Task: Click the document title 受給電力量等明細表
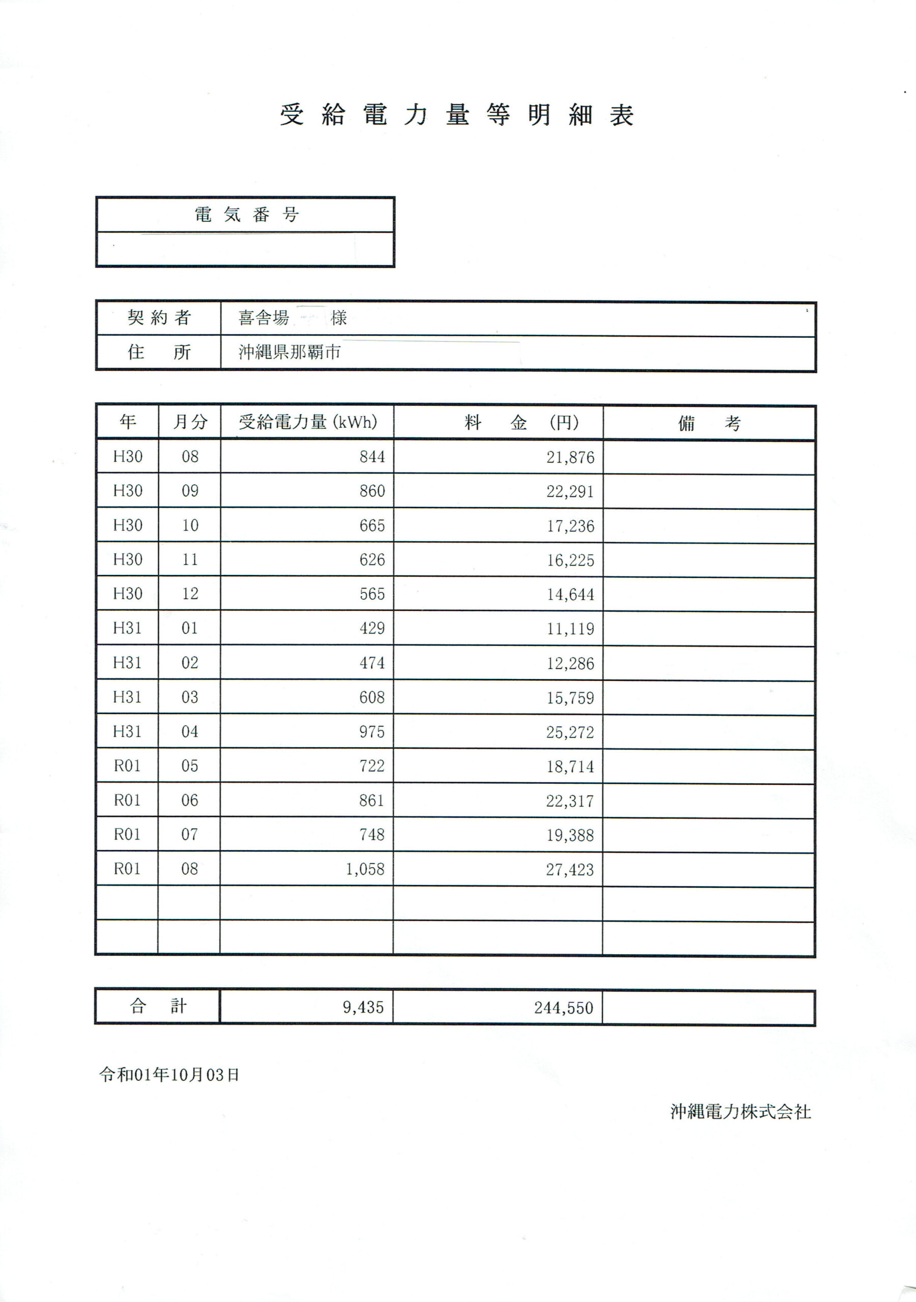point(457,115)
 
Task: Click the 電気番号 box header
point(246,214)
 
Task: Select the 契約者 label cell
point(158,317)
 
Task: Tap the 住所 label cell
point(158,352)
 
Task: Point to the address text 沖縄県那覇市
point(289,352)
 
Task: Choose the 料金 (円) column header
point(498,423)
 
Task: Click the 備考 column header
point(709,423)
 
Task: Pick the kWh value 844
point(372,457)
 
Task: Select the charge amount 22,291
point(570,491)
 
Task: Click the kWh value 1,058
point(365,869)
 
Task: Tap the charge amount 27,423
point(570,869)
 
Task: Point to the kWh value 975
point(372,731)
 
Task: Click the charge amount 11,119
point(570,628)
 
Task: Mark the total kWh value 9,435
point(363,1007)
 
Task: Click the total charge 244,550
point(563,1008)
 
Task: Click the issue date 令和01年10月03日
point(169,1075)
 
